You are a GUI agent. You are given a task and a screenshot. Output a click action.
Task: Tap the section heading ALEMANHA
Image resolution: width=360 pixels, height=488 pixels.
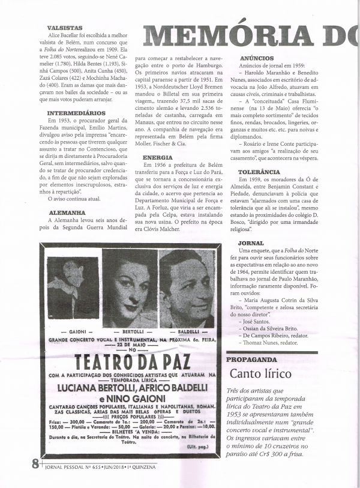[x=66, y=212]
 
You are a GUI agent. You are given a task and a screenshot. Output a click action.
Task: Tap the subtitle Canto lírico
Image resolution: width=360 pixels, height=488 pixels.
[x=260, y=373]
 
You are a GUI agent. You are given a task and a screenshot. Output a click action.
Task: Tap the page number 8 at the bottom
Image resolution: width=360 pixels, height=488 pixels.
[x=35, y=463]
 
